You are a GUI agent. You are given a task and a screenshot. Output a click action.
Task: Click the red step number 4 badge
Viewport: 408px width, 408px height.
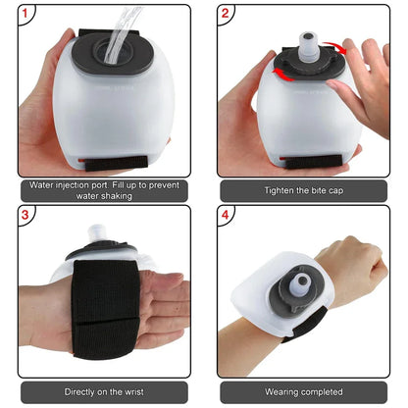point(227,216)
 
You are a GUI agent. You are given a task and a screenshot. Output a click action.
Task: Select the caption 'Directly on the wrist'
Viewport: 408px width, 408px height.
point(102,390)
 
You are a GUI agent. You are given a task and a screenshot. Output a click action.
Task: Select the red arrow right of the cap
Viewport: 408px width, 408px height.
point(339,51)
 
